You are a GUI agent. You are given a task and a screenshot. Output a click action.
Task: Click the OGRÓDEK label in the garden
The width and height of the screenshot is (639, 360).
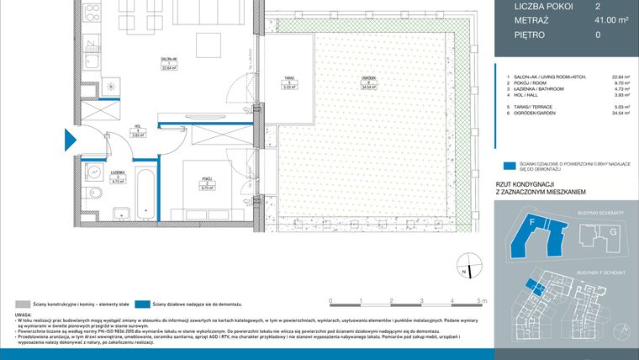pos(367,81)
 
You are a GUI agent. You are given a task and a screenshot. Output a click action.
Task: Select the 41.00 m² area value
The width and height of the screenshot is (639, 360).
pos(599,21)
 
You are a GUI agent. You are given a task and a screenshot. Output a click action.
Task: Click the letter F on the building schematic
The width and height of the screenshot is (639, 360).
pos(532,223)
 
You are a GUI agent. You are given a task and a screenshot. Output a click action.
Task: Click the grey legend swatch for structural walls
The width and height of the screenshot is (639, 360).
pos(21,303)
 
